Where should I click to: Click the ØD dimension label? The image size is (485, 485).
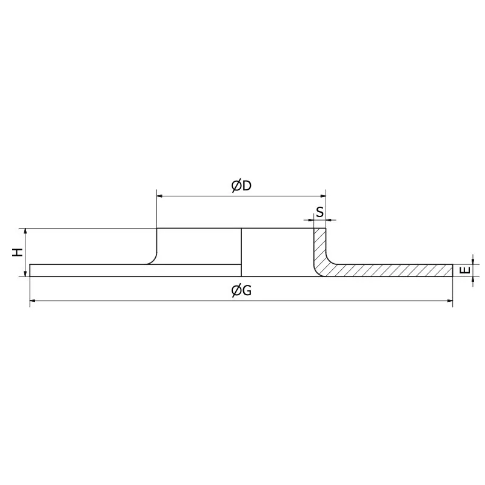(241, 186)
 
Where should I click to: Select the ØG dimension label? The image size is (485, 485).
(241, 291)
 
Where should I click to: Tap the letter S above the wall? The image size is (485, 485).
(319, 212)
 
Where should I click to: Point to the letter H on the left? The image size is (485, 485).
(18, 252)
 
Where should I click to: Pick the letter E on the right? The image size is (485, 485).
(464, 270)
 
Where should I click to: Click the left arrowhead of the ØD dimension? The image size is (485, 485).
(160, 195)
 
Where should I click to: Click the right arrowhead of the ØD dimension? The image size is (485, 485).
(323, 195)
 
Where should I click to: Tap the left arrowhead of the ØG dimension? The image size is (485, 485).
(33, 300)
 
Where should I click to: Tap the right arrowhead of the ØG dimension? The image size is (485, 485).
(450, 300)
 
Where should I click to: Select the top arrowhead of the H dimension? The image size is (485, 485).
(25, 232)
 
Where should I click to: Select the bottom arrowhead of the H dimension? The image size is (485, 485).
(25, 273)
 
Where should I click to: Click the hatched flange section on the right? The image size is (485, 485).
(394, 270)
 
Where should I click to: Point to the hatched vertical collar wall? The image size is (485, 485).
(319, 246)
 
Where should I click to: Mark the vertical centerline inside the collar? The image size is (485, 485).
(241, 252)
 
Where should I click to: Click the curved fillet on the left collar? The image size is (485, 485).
(152, 259)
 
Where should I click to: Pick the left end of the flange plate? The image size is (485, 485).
(30, 270)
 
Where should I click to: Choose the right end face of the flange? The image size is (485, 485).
(453, 270)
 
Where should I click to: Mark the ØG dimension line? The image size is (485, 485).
(152, 300)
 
